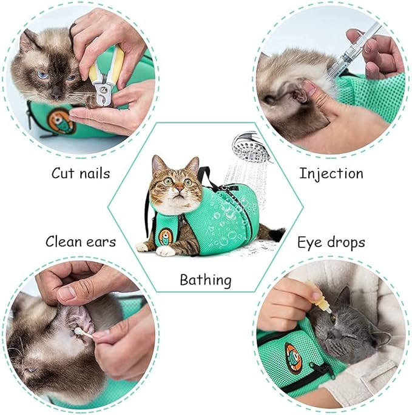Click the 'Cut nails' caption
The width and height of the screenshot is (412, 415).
click(81, 173)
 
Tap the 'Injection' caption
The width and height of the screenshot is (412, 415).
click(331, 173)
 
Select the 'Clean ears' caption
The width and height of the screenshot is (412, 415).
click(81, 242)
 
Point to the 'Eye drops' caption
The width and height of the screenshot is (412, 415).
click(331, 242)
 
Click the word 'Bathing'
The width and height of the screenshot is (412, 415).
click(206, 280)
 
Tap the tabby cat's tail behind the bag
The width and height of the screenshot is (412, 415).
click(276, 233)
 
